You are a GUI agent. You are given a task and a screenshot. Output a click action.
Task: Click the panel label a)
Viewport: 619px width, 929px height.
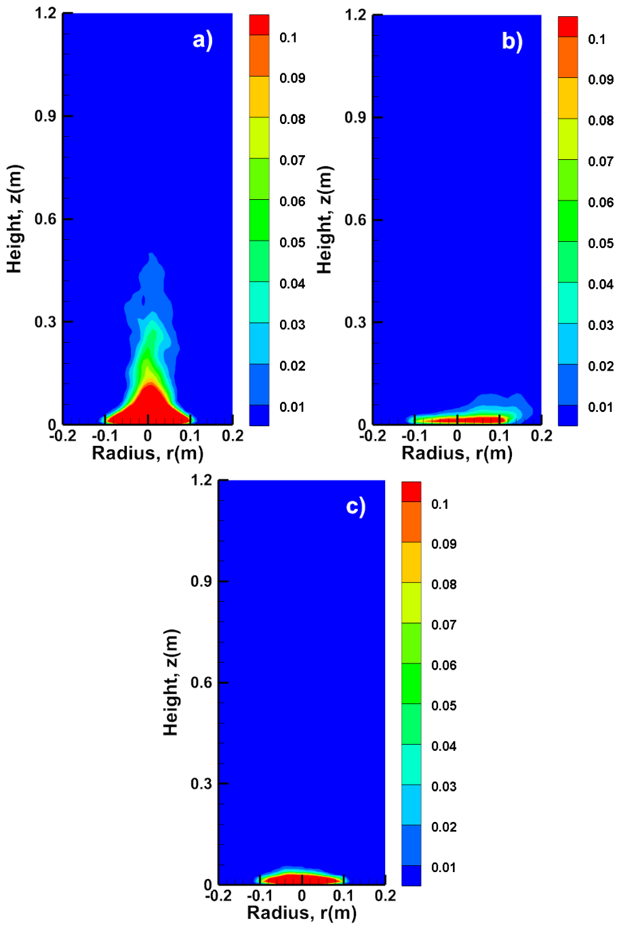click(203, 41)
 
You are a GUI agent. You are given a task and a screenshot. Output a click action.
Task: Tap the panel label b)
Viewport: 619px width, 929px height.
click(512, 42)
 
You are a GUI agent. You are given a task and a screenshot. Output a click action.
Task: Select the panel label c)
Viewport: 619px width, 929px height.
click(356, 508)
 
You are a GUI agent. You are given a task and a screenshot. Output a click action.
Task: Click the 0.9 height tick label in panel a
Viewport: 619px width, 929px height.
click(45, 116)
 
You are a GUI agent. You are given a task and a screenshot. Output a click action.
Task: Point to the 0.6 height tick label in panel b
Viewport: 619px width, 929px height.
click(355, 220)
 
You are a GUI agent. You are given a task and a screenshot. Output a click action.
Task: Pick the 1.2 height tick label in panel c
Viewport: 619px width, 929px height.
click(201, 480)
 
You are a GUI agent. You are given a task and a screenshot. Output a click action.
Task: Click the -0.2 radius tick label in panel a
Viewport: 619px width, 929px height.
click(62, 436)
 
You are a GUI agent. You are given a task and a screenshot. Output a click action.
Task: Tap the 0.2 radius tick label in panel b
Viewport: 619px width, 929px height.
click(542, 436)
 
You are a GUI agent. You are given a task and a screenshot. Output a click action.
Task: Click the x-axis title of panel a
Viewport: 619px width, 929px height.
click(148, 453)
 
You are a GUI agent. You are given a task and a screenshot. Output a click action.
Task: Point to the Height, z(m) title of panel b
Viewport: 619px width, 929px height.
click(325, 220)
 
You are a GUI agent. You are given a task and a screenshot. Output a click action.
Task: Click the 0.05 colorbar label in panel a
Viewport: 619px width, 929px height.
click(292, 243)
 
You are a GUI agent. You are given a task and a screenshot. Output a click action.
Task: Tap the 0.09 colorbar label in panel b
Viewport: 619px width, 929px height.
click(601, 80)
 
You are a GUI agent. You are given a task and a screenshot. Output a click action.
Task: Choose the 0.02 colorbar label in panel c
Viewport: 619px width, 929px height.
click(444, 827)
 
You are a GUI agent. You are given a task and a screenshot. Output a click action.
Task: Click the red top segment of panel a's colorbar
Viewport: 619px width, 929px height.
click(259, 25)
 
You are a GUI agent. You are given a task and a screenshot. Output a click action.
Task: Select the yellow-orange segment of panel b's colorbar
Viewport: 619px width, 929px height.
click(568, 98)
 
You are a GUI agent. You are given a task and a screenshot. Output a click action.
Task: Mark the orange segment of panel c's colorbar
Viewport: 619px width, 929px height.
click(411, 522)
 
